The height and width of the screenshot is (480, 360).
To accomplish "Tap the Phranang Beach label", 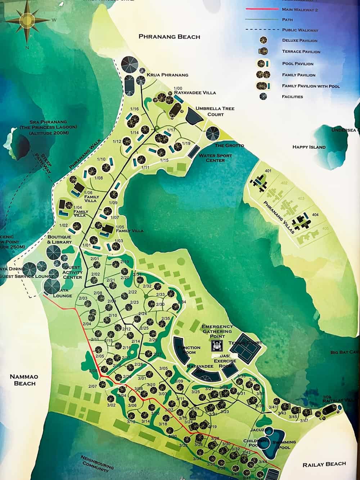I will (169, 37).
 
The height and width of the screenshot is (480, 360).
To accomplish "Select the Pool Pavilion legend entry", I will (297, 64).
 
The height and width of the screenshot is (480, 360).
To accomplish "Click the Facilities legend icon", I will (264, 96).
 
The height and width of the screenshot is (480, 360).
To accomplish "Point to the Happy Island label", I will (309, 147).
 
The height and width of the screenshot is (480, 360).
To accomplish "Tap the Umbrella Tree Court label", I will (215, 111).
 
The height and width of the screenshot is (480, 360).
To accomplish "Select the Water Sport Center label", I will (215, 158).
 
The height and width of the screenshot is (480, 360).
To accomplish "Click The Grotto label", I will (229, 145).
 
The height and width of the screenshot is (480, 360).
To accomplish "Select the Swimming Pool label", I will (284, 445).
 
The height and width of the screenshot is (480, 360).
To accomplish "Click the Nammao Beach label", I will (24, 380).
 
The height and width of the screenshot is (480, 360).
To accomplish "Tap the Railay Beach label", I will (324, 464).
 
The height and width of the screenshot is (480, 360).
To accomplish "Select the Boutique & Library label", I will (59, 239).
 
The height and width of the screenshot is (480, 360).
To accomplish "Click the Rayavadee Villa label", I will (195, 93).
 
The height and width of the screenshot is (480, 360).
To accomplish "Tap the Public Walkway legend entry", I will (300, 30).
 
